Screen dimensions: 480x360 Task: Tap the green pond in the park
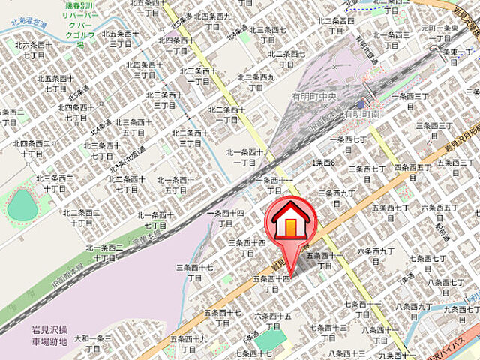tap(22, 205)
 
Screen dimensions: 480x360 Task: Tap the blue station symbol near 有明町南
tap(364, 104)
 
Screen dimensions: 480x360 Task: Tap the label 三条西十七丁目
tap(195, 271)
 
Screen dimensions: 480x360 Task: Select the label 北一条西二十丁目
tap(105, 252)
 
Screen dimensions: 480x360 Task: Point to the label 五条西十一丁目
tap(324, 260)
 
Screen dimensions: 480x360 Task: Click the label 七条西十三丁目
tap(328, 332)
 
